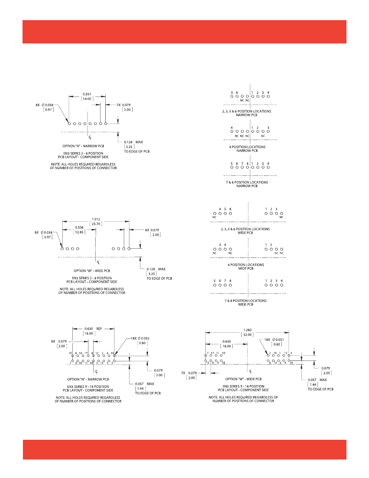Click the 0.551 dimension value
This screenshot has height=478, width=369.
pos(87,93)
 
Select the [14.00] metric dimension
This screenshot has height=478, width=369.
pos(87,99)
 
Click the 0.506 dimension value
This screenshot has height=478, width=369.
pos(79,227)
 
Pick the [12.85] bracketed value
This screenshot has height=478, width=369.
pos(79,232)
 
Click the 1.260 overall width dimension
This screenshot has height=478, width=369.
pos(248,330)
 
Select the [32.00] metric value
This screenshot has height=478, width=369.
pos(248,335)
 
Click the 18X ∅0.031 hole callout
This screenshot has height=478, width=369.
pos(275,340)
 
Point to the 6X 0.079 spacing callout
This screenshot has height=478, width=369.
pos(152,230)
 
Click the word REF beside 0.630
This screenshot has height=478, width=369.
pos(99,328)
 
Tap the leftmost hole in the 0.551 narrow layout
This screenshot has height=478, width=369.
pos(70,124)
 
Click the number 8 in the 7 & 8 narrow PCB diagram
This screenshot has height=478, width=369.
pos(247,164)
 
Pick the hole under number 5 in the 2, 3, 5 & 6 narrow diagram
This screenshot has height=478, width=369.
pos(232,97)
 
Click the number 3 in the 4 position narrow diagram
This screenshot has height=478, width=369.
pos(268,128)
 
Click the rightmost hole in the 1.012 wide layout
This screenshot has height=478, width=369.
pos(129,249)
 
